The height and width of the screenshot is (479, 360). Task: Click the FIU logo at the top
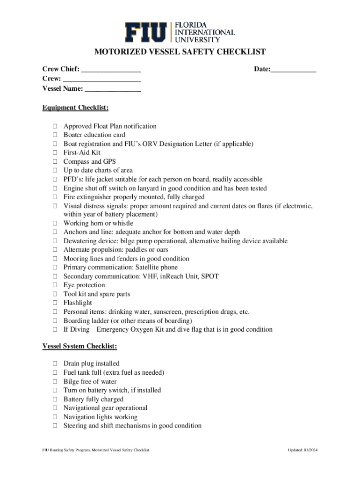click(x=180, y=32)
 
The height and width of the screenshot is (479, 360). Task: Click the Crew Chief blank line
click(x=111, y=70)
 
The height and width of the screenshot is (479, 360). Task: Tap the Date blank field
click(x=293, y=70)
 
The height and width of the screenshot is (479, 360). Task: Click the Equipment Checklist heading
click(x=75, y=108)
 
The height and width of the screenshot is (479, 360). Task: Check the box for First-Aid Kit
click(x=55, y=153)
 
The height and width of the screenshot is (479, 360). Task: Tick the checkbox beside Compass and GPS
click(x=55, y=162)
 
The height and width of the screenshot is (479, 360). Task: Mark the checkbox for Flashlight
click(x=55, y=303)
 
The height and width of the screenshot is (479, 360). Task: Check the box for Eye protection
click(x=55, y=285)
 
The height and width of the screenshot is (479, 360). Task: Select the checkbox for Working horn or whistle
click(x=55, y=224)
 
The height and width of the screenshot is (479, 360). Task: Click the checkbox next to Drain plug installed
click(x=55, y=363)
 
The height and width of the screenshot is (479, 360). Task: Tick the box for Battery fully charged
click(x=55, y=399)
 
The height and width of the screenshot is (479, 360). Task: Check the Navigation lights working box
click(x=55, y=417)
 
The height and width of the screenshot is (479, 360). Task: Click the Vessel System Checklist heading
click(x=79, y=347)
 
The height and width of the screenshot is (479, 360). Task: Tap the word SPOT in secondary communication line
click(x=209, y=276)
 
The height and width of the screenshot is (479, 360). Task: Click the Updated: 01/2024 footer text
click(x=303, y=450)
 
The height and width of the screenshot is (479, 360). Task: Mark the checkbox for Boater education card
click(x=55, y=135)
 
